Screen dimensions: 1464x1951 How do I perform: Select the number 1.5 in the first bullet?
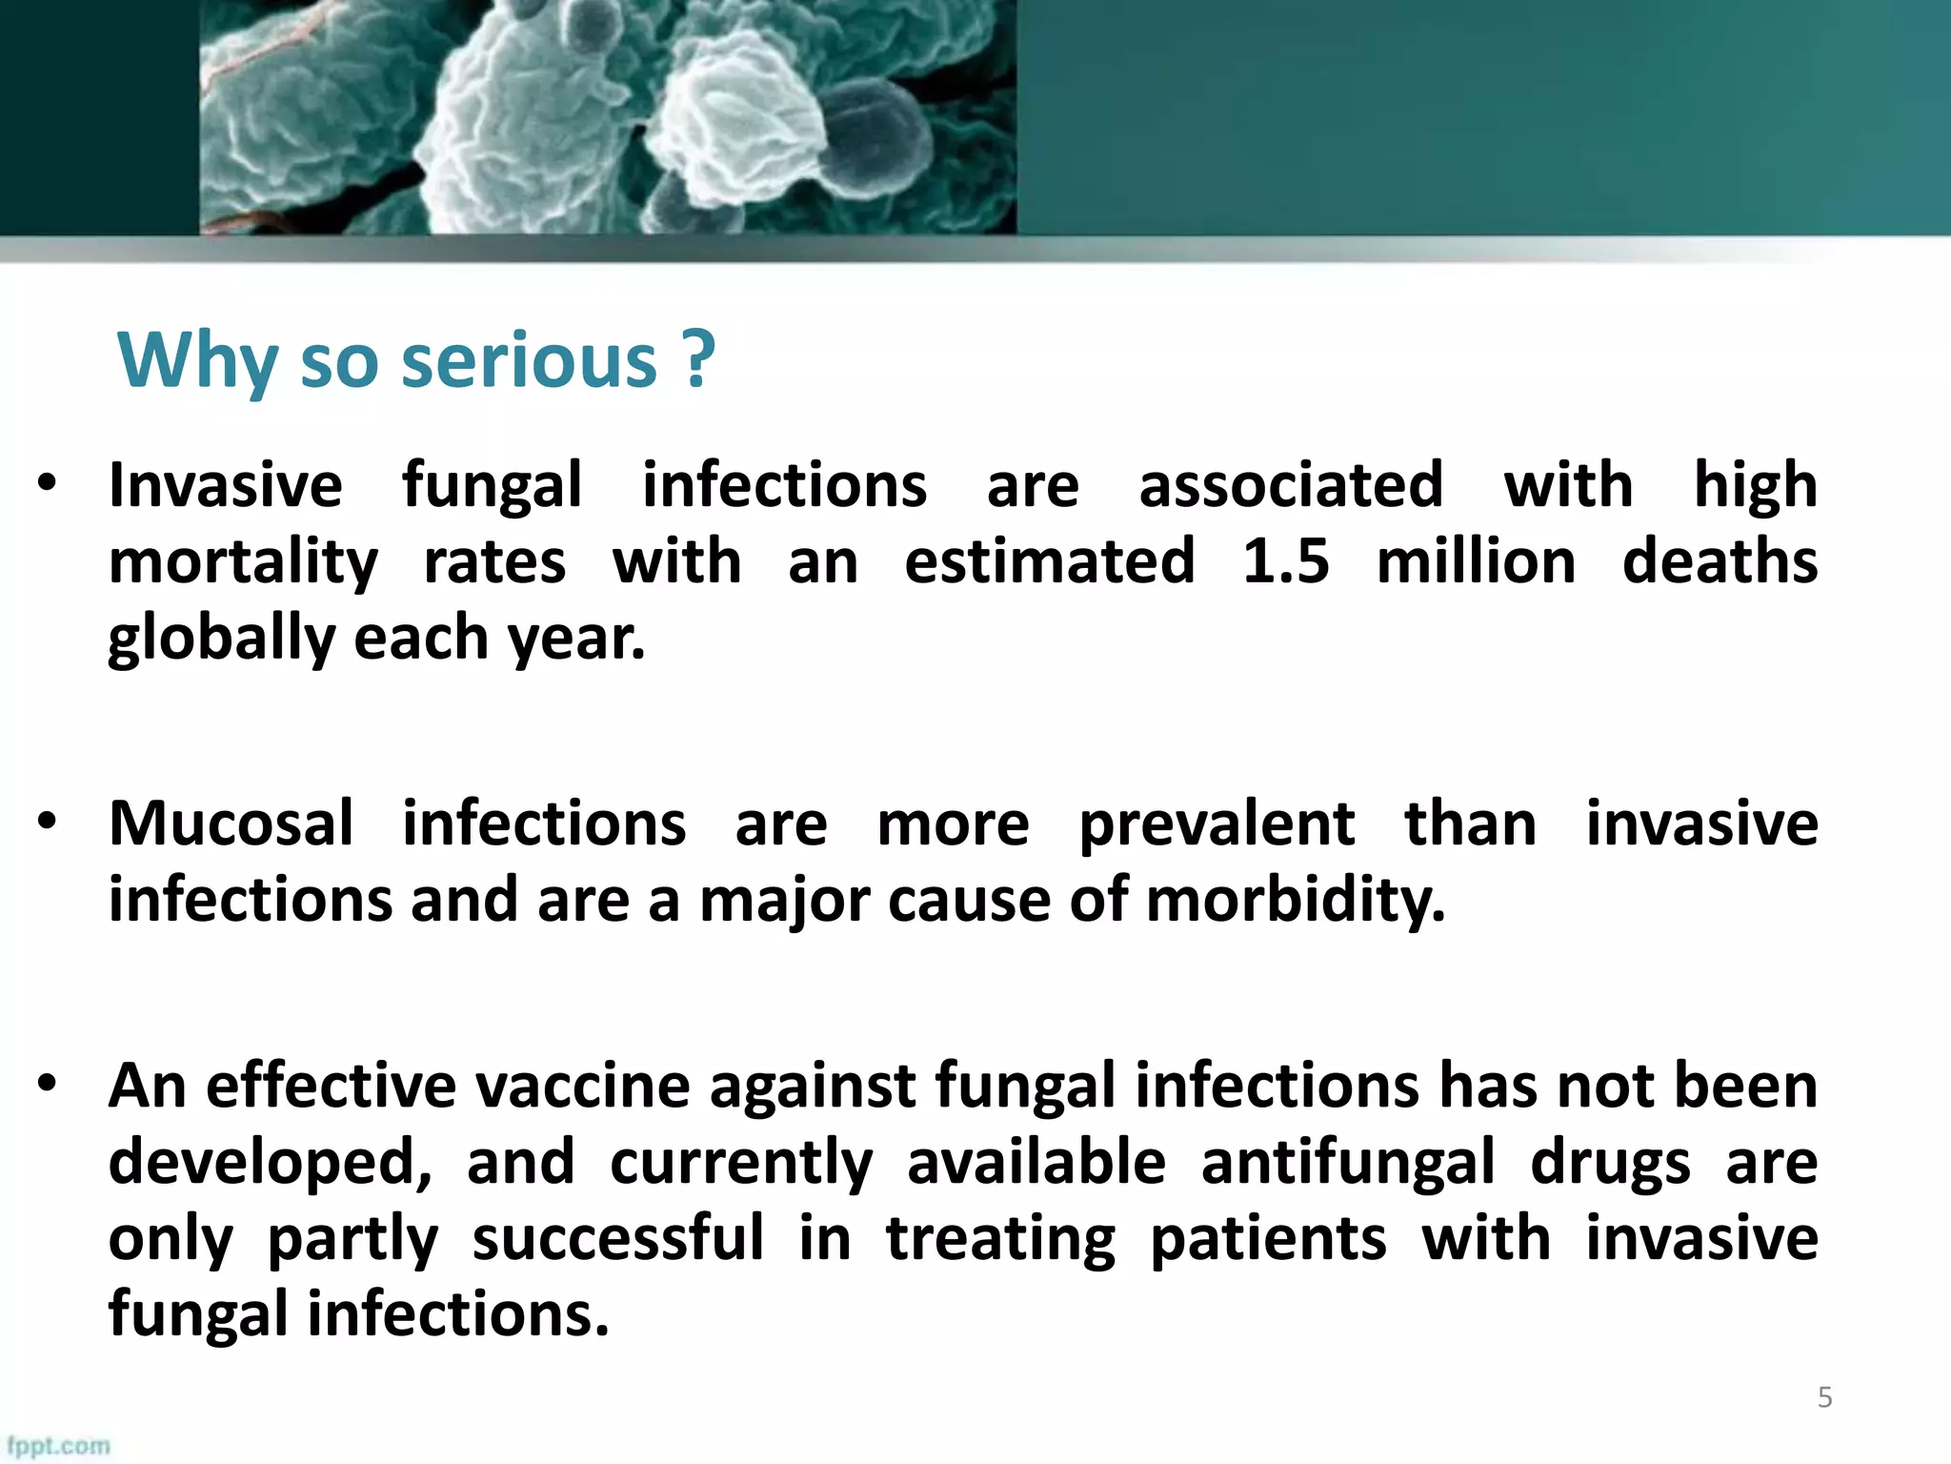1285,561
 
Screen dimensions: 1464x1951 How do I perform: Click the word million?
1476,561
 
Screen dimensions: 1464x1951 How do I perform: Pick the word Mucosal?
231,823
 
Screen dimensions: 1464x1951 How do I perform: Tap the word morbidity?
1296,901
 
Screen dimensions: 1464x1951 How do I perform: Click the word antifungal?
1348,1164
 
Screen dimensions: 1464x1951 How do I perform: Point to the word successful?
618,1238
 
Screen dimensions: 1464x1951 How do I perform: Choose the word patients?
1269,1240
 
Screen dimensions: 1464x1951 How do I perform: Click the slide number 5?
1824,1397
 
